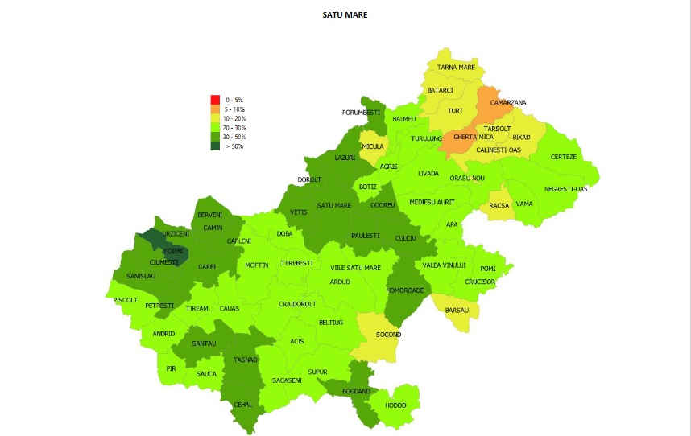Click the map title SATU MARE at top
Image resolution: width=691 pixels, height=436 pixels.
pos(345,14)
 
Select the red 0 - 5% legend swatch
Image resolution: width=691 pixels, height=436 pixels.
pos(215,99)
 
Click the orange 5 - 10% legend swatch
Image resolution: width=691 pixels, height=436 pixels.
pos(215,109)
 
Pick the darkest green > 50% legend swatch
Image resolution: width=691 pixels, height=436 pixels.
pos(215,146)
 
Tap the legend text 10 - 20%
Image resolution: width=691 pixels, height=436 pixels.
pos(235,118)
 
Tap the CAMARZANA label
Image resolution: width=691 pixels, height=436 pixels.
pos(508,103)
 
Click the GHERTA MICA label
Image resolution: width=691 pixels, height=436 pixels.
pos(474,138)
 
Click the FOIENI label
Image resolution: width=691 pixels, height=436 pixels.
pos(174,251)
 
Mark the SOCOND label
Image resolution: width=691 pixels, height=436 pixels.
pos(388,335)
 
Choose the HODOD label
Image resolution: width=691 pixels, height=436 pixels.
pos(395,405)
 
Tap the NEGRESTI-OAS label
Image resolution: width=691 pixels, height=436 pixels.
pos(565,189)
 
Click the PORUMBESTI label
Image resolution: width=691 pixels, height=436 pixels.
pos(361,113)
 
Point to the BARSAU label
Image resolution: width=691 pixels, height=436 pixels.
pos(457,310)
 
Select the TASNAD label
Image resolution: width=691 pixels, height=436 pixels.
pos(245,360)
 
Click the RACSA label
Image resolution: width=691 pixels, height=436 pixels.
pos(499,205)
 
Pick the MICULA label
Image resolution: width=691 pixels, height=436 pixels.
pos(372,147)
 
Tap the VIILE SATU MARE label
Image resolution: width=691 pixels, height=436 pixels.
pos(355,268)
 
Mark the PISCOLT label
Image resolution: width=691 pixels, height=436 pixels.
pos(126,299)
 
